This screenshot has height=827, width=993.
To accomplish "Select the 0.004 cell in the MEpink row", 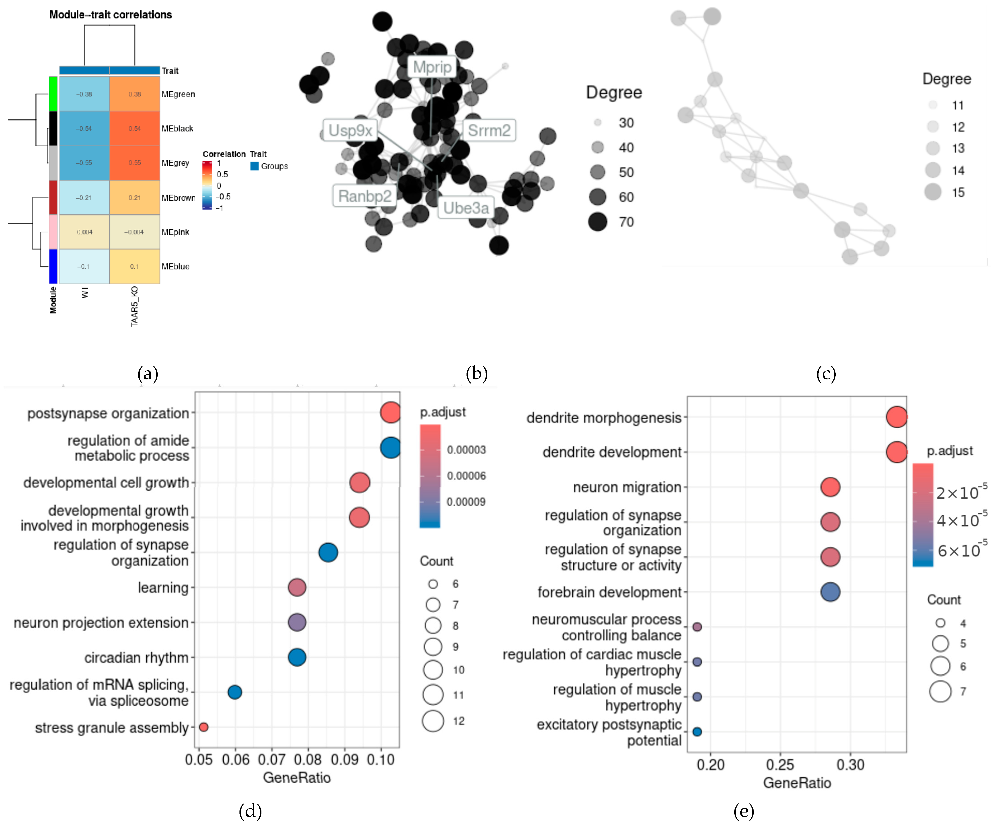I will (x=85, y=232).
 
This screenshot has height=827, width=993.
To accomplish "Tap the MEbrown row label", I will (x=178, y=198).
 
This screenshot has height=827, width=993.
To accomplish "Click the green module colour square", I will (x=53, y=94).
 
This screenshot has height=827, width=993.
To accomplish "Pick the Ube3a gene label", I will (x=466, y=208).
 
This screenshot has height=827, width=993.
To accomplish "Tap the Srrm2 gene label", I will (x=489, y=130).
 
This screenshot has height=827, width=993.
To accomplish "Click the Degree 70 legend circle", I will (x=598, y=221).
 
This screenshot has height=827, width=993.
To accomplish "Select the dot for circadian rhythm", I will (x=297, y=657).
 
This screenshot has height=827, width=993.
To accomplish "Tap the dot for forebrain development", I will (x=830, y=592).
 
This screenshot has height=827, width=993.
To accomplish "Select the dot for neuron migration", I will (x=830, y=487).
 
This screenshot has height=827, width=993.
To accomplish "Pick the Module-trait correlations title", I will (x=111, y=15).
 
